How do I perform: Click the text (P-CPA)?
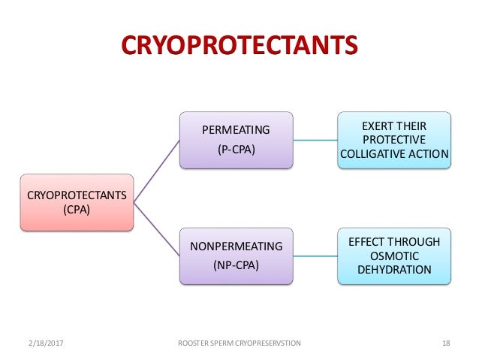pos(236,149)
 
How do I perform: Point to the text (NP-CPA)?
pos(236,265)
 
